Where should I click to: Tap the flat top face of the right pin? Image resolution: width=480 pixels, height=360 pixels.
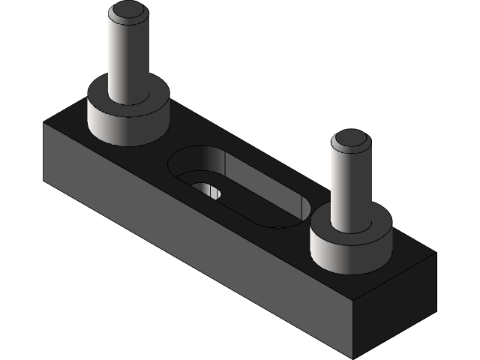coord(351,139)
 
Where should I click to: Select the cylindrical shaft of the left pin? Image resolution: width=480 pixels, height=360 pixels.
coord(127,60)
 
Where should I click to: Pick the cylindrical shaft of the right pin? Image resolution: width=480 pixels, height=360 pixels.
coord(350,187)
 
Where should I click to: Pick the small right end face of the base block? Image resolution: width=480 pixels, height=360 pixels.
coord(397,307)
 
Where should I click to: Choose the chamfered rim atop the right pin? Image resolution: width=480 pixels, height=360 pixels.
coord(337,142)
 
